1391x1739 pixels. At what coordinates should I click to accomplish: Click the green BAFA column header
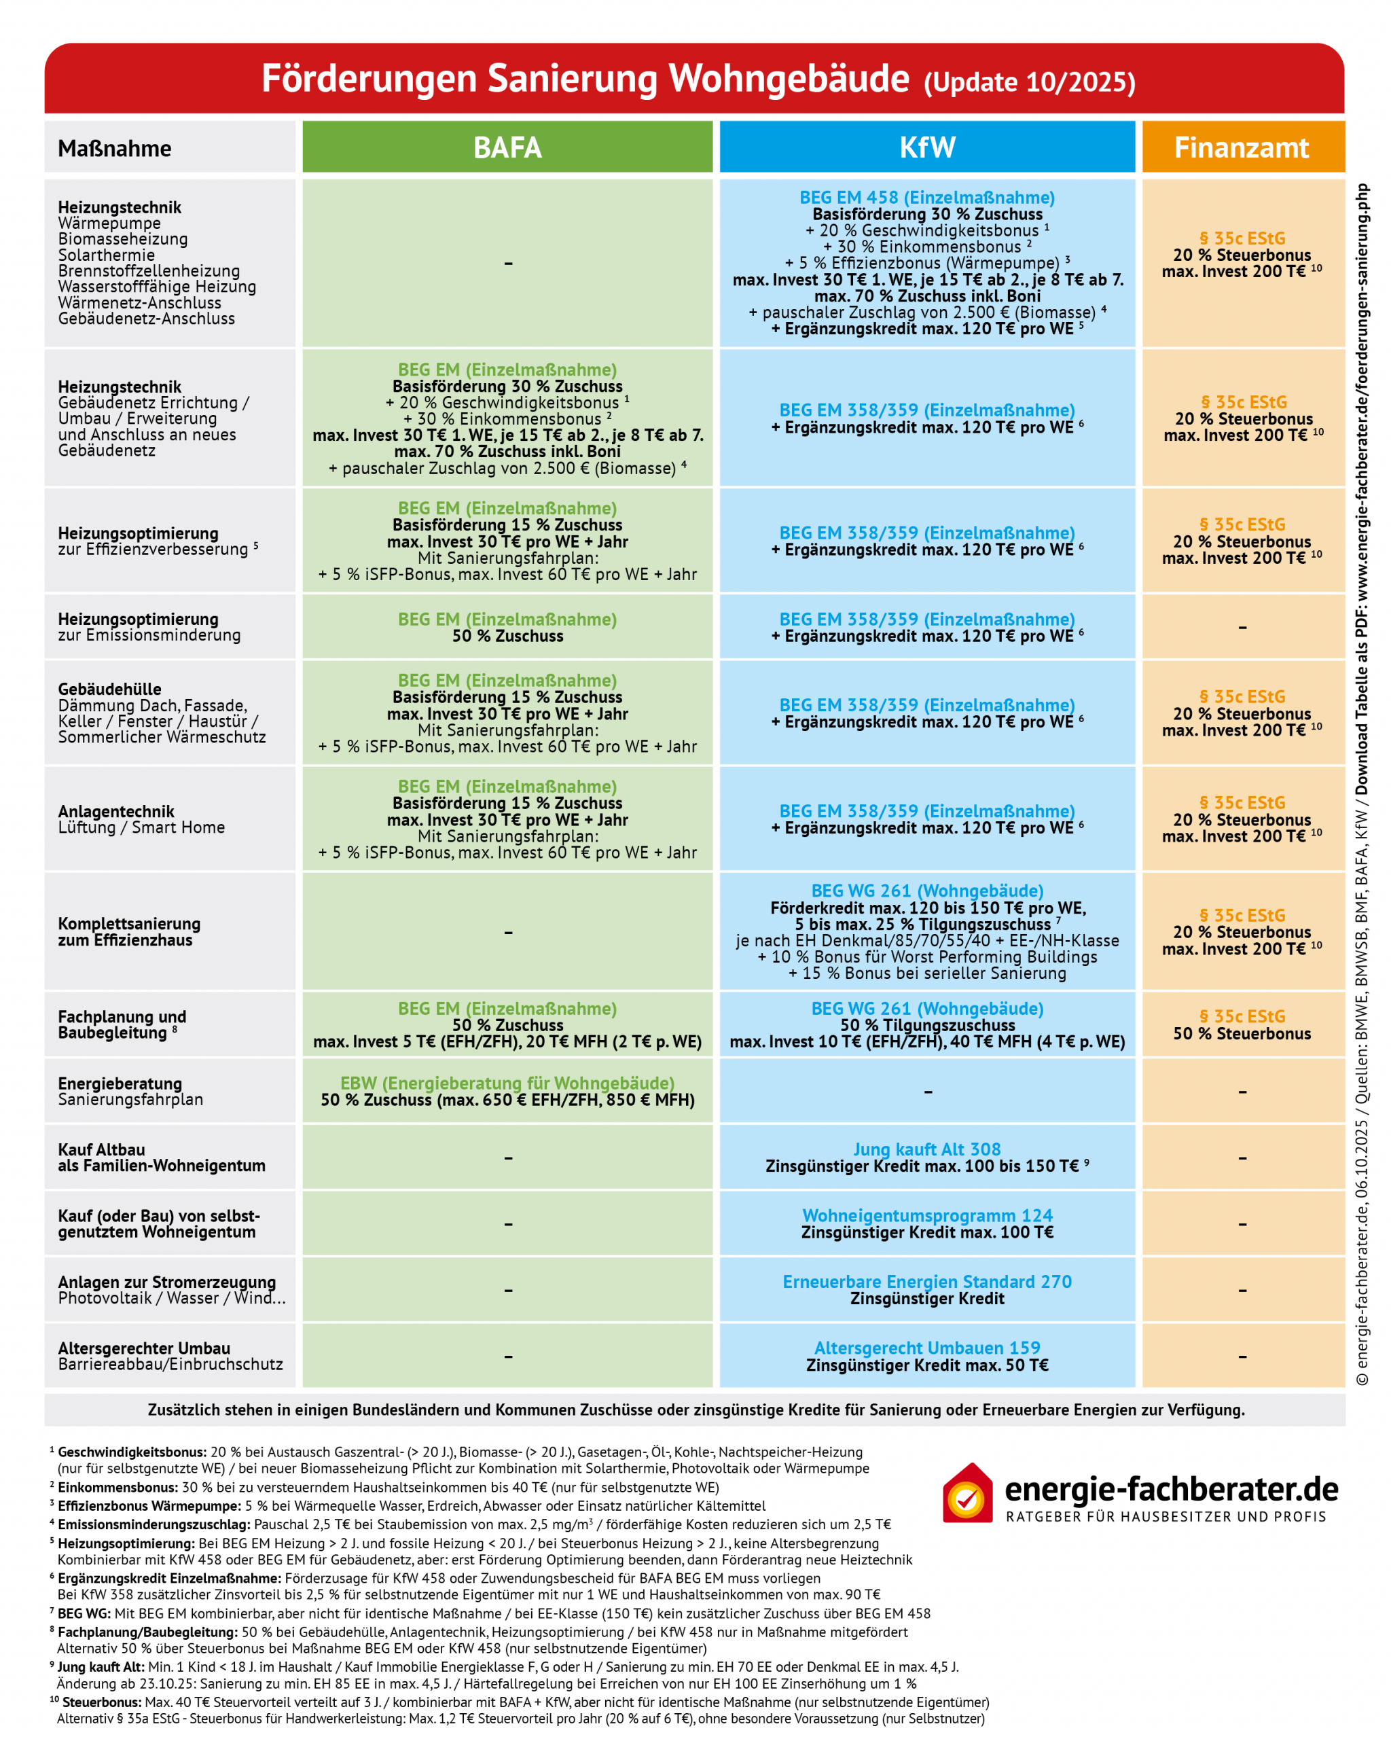[x=507, y=147]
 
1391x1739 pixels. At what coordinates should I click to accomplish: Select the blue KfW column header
[x=926, y=147]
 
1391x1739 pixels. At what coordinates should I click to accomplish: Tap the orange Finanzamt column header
[x=1241, y=147]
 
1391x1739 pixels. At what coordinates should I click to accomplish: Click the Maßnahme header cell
[x=115, y=148]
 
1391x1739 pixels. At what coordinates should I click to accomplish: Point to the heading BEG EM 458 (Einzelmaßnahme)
[x=926, y=198]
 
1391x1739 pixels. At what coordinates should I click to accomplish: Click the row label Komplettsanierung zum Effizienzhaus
[x=129, y=931]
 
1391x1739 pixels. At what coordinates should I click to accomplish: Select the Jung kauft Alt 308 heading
[x=926, y=1149]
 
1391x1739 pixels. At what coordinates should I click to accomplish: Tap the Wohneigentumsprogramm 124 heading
[x=926, y=1215]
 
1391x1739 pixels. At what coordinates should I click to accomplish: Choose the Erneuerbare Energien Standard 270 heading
[x=926, y=1281]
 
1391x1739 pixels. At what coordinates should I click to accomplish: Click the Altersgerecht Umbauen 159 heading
[x=926, y=1347]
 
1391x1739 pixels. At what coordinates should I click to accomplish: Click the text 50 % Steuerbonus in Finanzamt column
[x=1241, y=1033]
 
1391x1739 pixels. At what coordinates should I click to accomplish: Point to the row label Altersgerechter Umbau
[x=143, y=1348]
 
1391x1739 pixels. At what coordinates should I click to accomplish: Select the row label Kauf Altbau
[x=102, y=1149]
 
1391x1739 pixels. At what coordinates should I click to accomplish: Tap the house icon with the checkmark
[x=967, y=1493]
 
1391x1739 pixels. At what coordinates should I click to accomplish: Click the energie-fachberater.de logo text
[x=1171, y=1489]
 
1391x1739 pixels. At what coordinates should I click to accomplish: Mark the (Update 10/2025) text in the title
[x=1029, y=82]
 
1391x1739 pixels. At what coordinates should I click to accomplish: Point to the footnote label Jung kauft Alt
[x=100, y=1666]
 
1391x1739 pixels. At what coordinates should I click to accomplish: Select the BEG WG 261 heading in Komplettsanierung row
[x=926, y=891]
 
